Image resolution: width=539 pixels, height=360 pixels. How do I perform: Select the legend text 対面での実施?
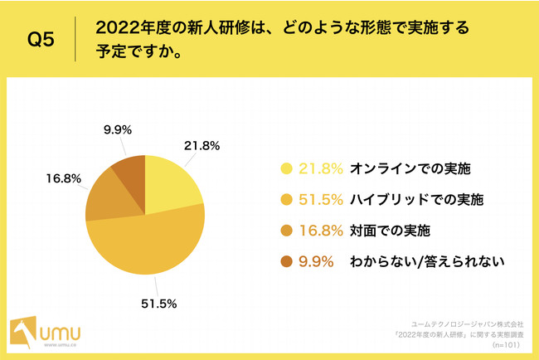pyautogui.click(x=394, y=231)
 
